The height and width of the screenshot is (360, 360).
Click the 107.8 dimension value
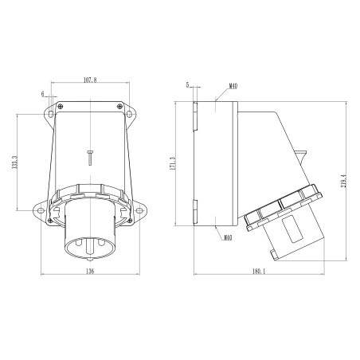(x=90, y=80)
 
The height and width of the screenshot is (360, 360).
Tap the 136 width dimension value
(x=90, y=272)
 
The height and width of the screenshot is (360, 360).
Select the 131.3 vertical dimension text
(x=14, y=162)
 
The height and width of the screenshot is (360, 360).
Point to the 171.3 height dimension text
(x=173, y=163)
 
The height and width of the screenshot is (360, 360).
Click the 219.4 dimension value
(x=344, y=181)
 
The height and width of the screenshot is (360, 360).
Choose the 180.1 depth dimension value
(x=259, y=272)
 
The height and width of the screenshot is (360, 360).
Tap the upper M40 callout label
(x=233, y=86)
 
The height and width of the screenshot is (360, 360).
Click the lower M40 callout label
(x=228, y=237)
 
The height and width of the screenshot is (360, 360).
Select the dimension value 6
(x=42, y=94)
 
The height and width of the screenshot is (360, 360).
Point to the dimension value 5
(x=187, y=84)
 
